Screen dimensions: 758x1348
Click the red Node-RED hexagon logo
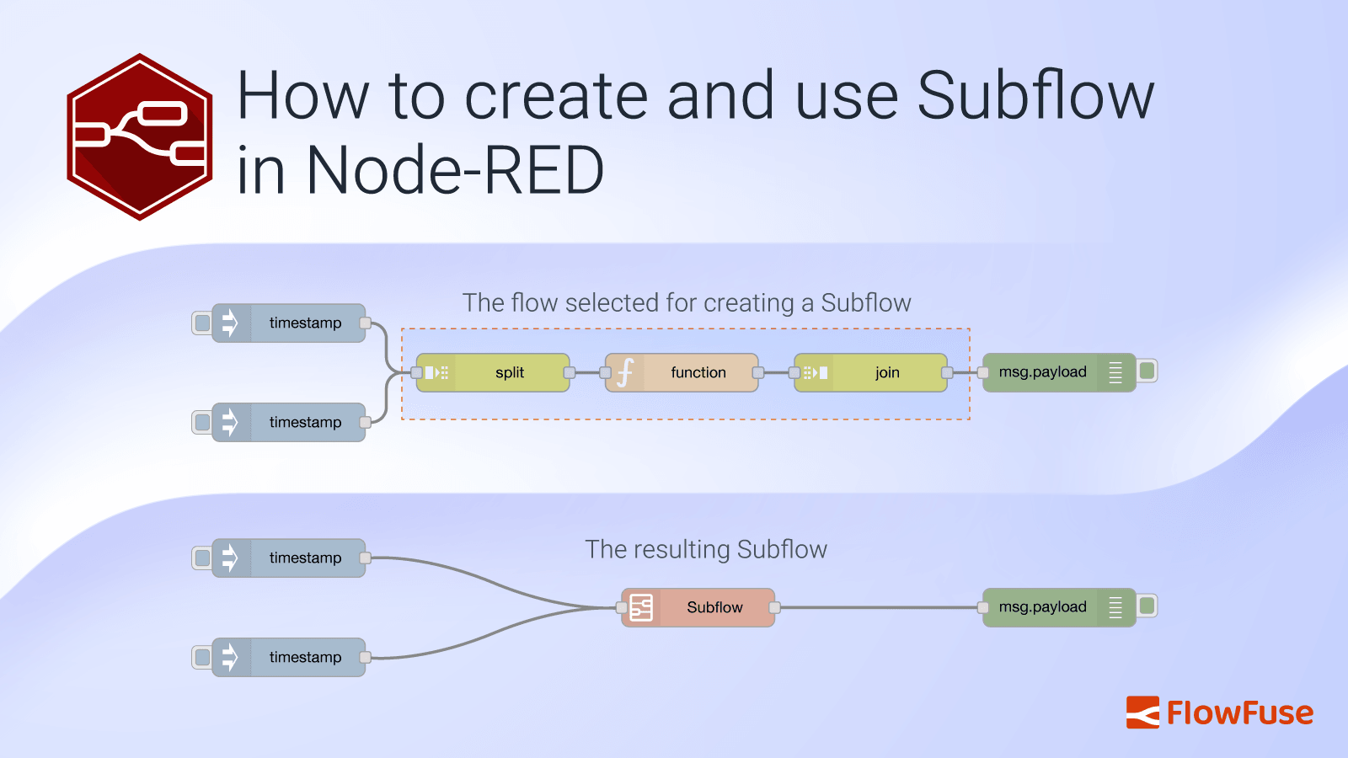click(139, 136)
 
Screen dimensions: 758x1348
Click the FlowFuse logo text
click(1238, 713)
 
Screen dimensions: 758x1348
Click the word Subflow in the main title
click(1035, 96)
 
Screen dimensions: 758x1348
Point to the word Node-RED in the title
click(455, 171)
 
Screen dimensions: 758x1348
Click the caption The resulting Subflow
click(706, 549)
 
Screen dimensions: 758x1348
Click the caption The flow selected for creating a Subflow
click(687, 302)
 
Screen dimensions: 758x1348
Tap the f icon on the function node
click(625, 372)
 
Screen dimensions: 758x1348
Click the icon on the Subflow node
click(641, 607)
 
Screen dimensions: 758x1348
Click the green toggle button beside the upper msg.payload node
click(1147, 371)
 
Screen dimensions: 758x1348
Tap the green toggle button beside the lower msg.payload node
click(1147, 606)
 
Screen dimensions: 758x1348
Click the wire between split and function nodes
click(587, 372)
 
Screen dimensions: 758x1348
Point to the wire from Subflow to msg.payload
click(876, 607)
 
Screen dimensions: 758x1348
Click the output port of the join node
click(947, 372)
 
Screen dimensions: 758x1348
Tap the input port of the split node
click(416, 372)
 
